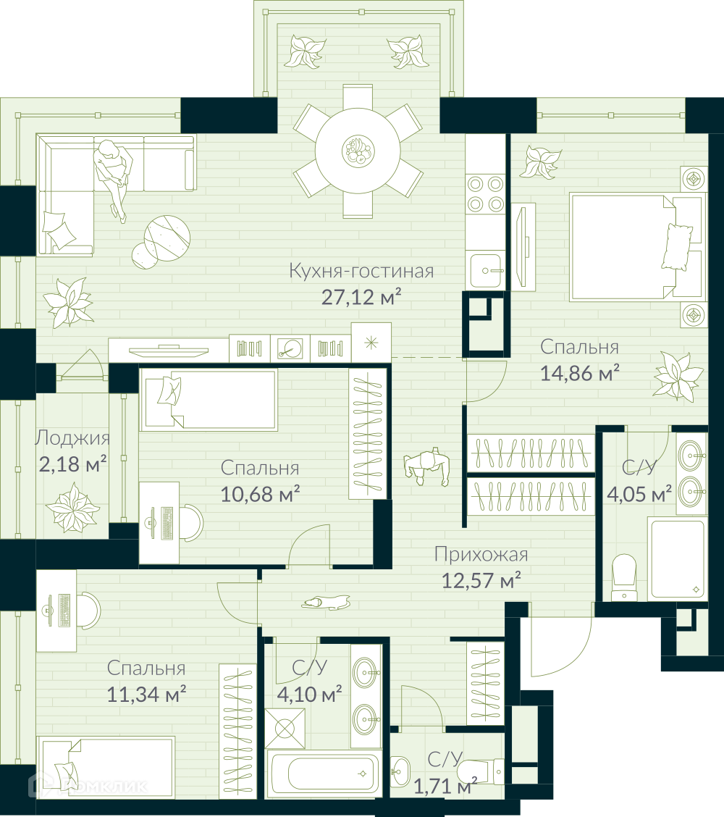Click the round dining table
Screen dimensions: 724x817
358,151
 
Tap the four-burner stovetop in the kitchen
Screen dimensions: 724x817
485,194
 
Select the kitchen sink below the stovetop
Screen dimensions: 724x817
487,270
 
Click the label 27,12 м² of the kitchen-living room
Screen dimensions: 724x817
361,297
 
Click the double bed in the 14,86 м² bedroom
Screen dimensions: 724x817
636,248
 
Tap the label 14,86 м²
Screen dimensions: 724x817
580,373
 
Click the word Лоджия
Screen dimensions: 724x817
72,437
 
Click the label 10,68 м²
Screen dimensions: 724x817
260,494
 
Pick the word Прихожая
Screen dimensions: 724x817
481,555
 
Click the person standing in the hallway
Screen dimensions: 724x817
426,466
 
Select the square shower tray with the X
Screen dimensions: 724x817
285,729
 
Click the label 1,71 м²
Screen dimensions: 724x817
445,786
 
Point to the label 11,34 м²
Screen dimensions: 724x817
146,694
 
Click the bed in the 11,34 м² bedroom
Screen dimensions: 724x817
106,766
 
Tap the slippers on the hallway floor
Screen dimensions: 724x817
326,603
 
